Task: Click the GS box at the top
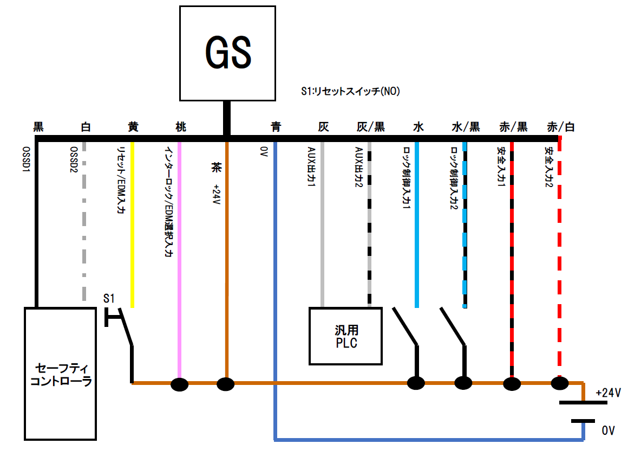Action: (x=227, y=53)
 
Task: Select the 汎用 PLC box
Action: (x=345, y=336)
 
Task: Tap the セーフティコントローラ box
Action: (x=60, y=374)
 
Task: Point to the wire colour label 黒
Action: (x=38, y=127)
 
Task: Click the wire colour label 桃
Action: (x=181, y=127)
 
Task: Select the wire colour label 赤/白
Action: (x=561, y=127)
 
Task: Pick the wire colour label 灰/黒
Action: (x=371, y=127)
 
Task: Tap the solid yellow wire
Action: (x=133, y=228)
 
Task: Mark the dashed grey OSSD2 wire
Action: (x=85, y=228)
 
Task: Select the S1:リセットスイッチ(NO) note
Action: (x=350, y=92)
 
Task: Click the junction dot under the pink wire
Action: (x=180, y=384)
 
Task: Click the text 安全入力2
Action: (x=549, y=165)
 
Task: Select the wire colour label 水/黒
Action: (x=466, y=127)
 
